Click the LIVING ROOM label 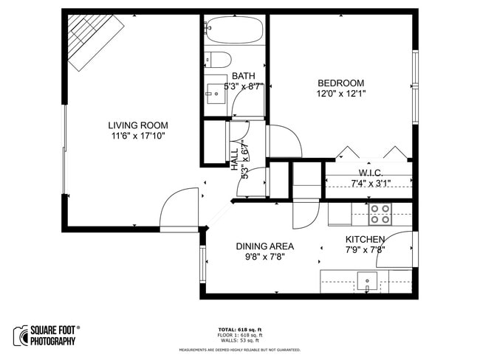point(138,125)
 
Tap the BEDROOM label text point(340,83)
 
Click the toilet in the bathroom point(219,60)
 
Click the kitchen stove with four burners point(380,214)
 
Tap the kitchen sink point(367,280)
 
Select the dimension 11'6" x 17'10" point(138,136)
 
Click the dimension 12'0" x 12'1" point(340,94)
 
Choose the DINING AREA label point(264,246)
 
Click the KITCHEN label point(365,240)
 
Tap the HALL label point(235,159)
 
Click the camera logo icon point(20,336)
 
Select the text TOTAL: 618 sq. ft point(239,329)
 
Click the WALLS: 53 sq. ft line point(239,341)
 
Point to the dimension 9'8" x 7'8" point(264,257)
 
